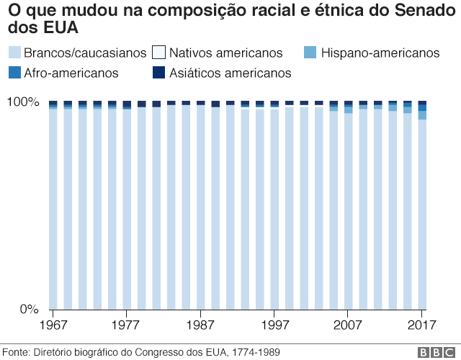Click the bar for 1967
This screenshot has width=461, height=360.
click(x=53, y=205)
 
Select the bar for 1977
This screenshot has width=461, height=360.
click(x=127, y=205)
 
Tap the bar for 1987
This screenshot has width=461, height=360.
click(x=200, y=205)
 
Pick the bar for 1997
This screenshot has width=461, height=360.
click(x=274, y=205)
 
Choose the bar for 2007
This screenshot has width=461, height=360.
click(x=349, y=205)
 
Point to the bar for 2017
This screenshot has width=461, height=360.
click(x=422, y=205)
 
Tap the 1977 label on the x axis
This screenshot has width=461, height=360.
click(x=127, y=324)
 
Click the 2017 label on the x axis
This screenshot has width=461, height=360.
click(x=421, y=324)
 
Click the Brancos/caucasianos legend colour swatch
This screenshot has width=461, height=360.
click(x=14, y=53)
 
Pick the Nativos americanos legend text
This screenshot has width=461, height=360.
click(x=225, y=53)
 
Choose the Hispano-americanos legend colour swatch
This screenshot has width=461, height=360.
click(x=310, y=53)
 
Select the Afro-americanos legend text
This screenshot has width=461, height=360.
click(x=71, y=73)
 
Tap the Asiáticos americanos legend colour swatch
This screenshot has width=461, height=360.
click(x=159, y=73)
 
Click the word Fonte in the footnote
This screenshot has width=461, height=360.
click(x=16, y=351)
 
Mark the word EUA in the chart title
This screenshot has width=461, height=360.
click(x=61, y=27)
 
